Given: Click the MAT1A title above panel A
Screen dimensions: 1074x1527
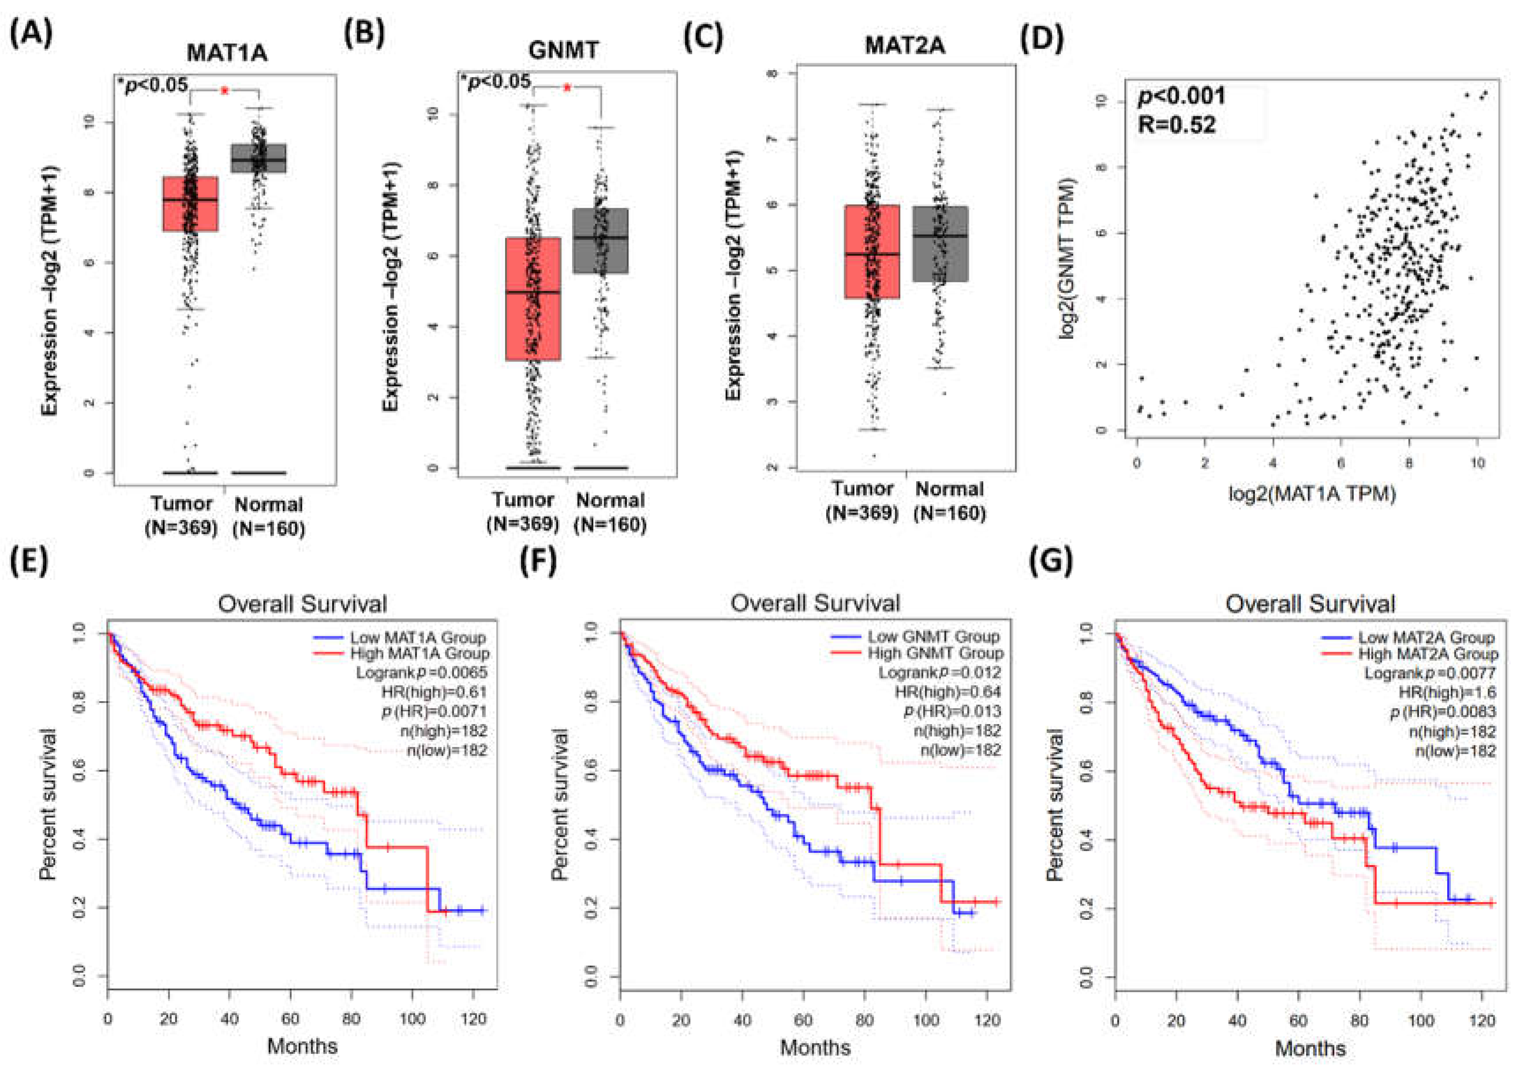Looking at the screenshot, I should click(x=227, y=52).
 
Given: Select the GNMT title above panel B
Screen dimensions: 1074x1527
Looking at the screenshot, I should click(x=563, y=50).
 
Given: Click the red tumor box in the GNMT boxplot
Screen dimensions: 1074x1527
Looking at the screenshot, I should click(x=533, y=299).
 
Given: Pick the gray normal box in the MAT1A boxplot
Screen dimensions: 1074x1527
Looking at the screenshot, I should click(x=258, y=158).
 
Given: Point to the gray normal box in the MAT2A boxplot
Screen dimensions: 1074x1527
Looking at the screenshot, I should click(x=940, y=244).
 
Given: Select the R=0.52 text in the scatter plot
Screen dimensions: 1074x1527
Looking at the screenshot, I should click(x=1176, y=124).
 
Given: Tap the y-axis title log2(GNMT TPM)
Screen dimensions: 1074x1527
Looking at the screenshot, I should click(x=1067, y=259).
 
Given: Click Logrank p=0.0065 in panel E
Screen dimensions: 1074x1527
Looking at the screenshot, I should click(x=421, y=673).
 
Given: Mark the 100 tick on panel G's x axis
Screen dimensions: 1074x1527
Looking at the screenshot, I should click(x=1421, y=1019).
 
